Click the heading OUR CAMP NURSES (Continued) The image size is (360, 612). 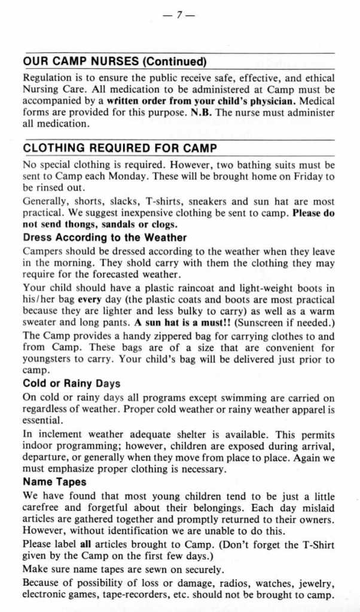(x=114, y=62)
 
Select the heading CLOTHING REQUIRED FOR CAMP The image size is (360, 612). (x=120, y=148)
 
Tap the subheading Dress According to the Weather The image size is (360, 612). (x=105, y=237)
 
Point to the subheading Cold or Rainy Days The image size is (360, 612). (x=71, y=384)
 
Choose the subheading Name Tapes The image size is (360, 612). (x=54, y=482)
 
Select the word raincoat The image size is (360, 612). (x=165, y=288)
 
